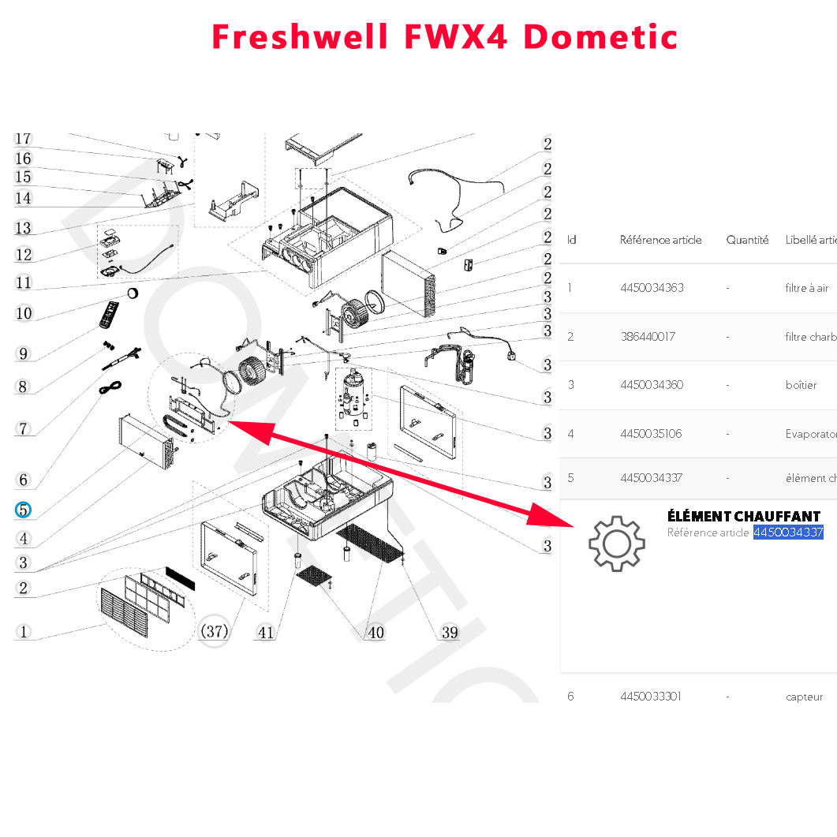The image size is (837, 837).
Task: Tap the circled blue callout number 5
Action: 24,510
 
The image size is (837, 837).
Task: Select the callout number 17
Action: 23,139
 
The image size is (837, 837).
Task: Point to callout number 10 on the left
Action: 24,313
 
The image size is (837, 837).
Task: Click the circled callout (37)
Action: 213,631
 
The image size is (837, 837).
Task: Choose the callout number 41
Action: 267,632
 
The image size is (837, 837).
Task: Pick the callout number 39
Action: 450,632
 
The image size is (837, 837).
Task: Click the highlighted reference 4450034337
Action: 788,532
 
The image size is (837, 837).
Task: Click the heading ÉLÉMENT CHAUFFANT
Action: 743,516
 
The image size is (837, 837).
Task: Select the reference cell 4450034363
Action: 652,288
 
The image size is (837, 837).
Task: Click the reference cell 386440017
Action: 648,337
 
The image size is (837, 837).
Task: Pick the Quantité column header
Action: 747,240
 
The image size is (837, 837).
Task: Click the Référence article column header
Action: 660,240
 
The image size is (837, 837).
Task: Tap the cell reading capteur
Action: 804,697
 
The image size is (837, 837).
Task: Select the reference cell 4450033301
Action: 651,697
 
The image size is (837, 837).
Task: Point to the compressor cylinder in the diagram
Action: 353,391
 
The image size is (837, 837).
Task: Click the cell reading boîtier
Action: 801,385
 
